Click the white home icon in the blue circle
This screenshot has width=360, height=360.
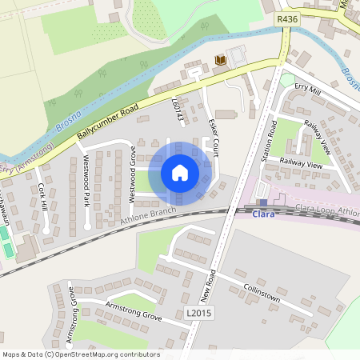179,173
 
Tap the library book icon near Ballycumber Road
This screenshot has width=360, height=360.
221,61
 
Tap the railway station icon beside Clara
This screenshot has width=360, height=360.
262,203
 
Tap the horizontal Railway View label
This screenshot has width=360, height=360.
301,162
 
